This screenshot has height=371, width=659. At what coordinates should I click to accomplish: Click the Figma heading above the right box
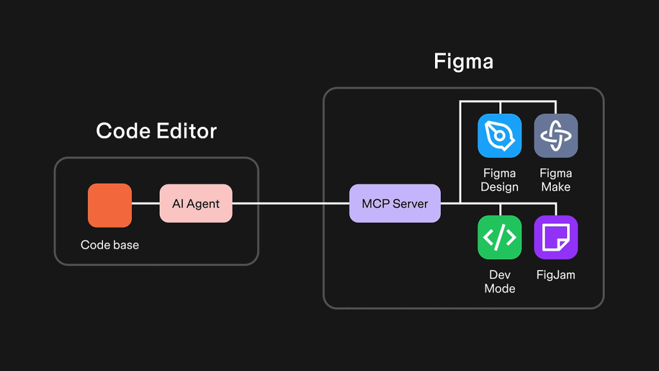click(x=463, y=62)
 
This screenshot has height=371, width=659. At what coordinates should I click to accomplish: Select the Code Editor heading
click(x=156, y=131)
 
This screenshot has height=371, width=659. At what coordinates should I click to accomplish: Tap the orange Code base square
click(x=110, y=205)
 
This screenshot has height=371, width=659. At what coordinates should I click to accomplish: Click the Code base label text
click(x=110, y=245)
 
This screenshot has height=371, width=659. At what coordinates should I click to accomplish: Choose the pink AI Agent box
click(x=196, y=204)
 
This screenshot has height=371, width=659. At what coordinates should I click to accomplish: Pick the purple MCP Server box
click(x=395, y=204)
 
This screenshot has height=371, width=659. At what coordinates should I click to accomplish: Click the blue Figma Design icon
click(x=499, y=136)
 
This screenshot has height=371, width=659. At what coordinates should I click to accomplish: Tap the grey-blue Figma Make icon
click(x=556, y=136)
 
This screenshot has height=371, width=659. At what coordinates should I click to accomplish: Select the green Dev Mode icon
click(x=499, y=237)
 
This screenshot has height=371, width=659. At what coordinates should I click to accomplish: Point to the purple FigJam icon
click(x=556, y=237)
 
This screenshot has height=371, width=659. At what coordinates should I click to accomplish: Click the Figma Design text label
click(x=499, y=180)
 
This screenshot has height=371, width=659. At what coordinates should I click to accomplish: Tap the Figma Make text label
click(x=556, y=180)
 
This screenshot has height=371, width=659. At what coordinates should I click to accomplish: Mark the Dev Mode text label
click(x=499, y=281)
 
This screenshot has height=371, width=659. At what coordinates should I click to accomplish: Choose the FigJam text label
click(x=556, y=275)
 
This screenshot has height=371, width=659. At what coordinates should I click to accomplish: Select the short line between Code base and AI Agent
click(x=146, y=204)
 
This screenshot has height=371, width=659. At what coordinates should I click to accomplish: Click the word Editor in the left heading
click(x=187, y=131)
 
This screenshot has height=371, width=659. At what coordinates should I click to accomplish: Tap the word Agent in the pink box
click(x=204, y=204)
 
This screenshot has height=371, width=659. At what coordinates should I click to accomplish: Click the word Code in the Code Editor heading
click(x=124, y=131)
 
